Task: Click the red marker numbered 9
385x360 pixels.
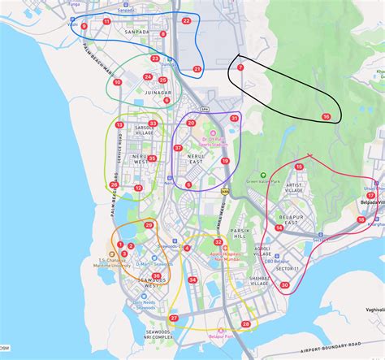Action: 84,26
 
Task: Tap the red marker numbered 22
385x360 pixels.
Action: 186,20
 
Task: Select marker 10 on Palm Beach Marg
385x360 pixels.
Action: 117,82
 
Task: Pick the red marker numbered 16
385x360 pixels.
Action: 327,117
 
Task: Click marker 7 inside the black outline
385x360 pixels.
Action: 240,67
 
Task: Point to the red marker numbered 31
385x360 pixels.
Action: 234,119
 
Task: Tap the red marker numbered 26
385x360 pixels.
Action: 114,184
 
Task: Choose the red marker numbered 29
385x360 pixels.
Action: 149,225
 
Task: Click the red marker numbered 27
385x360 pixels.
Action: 174,318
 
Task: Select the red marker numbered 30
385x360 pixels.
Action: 284,284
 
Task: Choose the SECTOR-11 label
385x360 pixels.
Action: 286,269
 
